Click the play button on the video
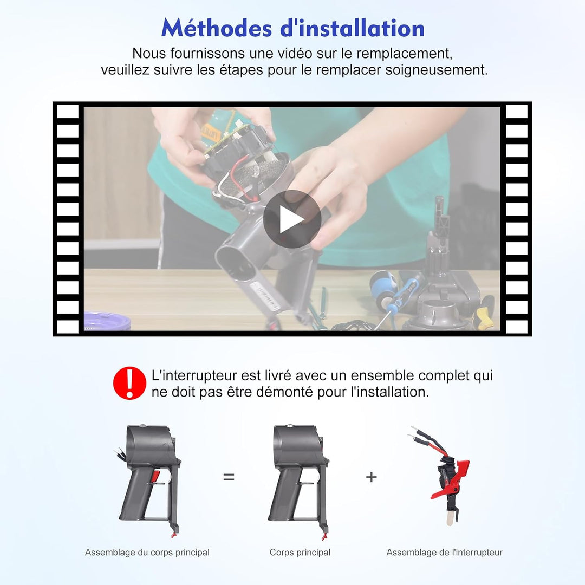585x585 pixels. [x=292, y=219]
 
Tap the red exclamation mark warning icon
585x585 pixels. [x=129, y=383]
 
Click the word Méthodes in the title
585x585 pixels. [x=216, y=28]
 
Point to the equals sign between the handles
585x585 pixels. [x=229, y=477]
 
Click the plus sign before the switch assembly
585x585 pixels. [x=371, y=477]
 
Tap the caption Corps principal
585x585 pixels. [x=300, y=552]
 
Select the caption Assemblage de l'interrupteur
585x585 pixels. [x=444, y=552]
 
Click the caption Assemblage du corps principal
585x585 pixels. [x=147, y=552]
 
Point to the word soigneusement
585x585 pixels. [x=437, y=70]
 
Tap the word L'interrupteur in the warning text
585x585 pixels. [x=194, y=375]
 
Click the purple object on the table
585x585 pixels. [x=107, y=321]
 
